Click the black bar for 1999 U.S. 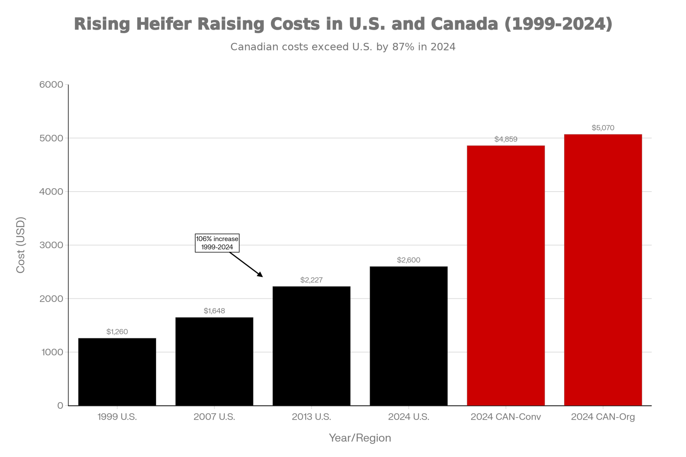117,372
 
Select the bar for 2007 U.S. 214,361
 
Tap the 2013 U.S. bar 311,346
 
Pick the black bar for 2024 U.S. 409,336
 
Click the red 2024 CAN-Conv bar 506,276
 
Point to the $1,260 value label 117,332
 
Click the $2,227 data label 311,280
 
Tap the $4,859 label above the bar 506,139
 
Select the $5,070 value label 603,128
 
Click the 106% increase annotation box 217,243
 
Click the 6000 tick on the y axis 51,84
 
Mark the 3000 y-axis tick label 51,245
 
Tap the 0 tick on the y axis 60,406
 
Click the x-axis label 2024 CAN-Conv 506,417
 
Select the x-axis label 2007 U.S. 214,417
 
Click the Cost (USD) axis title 21,245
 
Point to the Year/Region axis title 360,438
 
